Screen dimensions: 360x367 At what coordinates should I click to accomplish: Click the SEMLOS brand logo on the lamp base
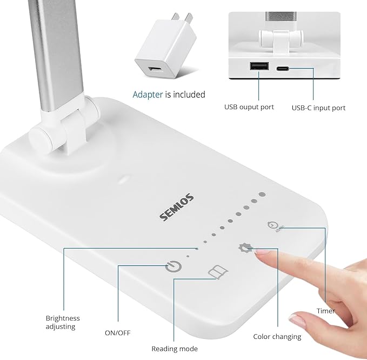tap(177, 207)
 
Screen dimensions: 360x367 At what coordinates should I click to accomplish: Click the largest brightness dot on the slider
tap(262, 194)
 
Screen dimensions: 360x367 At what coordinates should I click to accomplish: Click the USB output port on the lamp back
tap(258, 67)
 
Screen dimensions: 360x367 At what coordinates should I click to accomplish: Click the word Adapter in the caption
tap(148, 95)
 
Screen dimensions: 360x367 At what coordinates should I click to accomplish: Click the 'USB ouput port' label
tap(249, 107)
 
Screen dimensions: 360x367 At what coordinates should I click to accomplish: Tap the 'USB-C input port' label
tap(318, 108)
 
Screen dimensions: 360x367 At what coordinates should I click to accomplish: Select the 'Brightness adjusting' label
tap(63, 323)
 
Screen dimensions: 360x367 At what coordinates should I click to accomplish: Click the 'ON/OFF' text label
tap(117, 332)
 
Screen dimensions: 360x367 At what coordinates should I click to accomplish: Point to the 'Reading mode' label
tap(174, 349)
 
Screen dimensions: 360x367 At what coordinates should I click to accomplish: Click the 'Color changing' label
tap(277, 337)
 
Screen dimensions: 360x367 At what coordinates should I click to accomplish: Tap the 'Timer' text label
tap(325, 311)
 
